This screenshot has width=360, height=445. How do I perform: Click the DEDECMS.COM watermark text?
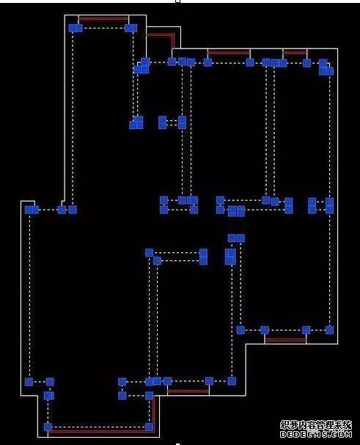tap(316, 434)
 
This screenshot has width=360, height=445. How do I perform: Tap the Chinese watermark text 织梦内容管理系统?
tap(316, 425)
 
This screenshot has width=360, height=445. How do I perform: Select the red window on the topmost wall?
tap(103, 20)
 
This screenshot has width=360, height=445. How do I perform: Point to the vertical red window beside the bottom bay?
tap(154, 413)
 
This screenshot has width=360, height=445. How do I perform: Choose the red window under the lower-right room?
tap(285, 339)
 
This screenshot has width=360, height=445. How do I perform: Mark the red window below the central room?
tap(188, 391)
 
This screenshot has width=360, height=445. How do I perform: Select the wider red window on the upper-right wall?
tap(229, 53)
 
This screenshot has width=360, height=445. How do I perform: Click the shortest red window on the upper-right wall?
tap(295, 53)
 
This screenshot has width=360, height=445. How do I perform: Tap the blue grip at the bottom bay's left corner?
tap(48, 427)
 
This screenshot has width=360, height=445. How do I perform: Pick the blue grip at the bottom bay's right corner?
tap(149, 427)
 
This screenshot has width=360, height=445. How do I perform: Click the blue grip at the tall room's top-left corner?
tap(76, 28)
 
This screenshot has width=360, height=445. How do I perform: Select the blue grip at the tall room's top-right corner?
tap(131, 28)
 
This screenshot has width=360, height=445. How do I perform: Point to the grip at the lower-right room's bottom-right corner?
tap(329, 330)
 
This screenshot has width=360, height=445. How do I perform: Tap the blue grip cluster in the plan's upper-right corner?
tap(326, 67)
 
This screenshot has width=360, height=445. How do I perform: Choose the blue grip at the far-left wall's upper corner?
tap(32, 210)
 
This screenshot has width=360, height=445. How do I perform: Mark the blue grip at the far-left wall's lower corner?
tap(29, 382)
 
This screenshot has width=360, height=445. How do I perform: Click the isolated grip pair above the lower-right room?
tap(236, 238)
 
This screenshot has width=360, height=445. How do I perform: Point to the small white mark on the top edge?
tap(178, 1)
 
